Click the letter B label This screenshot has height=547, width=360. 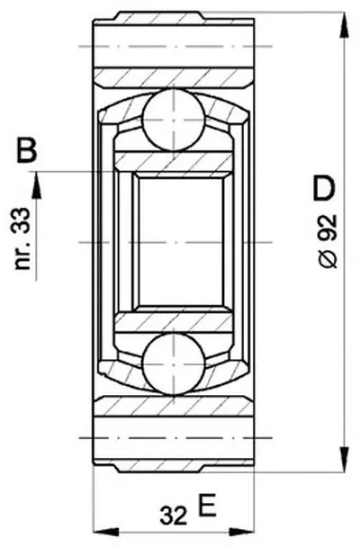[x=27, y=150]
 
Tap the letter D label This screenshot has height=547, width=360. [x=324, y=189]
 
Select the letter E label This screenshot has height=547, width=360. [x=207, y=505]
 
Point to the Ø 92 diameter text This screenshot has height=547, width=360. [x=328, y=241]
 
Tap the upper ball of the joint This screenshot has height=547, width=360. [x=174, y=120]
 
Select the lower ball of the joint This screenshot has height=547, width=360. [x=174, y=363]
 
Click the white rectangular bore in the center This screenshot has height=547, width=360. [x=180, y=241]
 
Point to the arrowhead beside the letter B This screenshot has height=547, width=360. [x=36, y=186]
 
